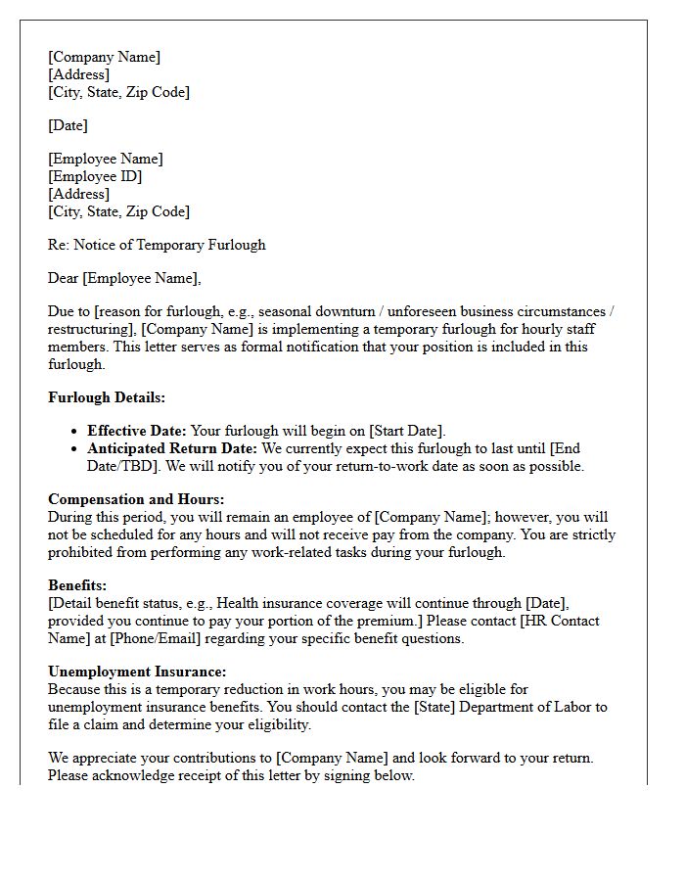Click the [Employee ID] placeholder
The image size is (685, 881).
(95, 176)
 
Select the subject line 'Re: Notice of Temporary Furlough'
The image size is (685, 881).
(157, 245)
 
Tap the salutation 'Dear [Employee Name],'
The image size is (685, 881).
(124, 278)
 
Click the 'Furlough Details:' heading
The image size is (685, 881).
(107, 397)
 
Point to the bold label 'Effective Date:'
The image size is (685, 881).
(136, 431)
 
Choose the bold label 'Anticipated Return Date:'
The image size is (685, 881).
(172, 448)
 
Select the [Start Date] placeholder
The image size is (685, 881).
(406, 431)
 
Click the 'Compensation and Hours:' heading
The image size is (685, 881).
(136, 499)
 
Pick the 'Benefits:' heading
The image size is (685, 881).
(78, 585)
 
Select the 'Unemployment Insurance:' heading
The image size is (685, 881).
(137, 672)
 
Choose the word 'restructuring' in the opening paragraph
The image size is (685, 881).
(90, 329)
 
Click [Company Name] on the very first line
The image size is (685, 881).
(105, 57)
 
